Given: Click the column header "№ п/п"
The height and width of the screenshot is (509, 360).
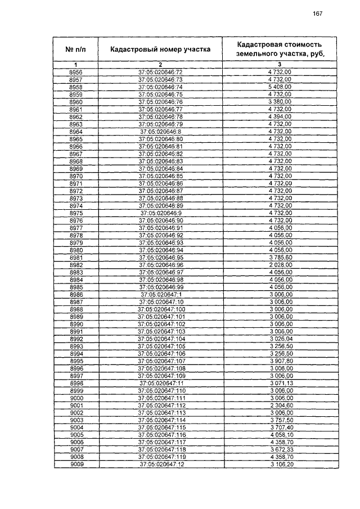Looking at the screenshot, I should pos(76,49).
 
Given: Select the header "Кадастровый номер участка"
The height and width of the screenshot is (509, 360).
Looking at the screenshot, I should pos(160,49).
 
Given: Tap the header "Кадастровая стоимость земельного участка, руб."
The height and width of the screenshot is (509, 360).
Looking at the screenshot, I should pos(280,49).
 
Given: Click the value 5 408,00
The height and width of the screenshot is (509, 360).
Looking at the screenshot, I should pos(280,87).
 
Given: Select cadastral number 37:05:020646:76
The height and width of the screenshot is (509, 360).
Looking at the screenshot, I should pos(160,102).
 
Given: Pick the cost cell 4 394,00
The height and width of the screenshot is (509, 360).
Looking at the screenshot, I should pos(280,116).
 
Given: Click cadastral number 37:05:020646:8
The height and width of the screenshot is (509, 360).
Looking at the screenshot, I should pos(160,131).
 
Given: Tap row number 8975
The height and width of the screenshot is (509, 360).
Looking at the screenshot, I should pos(76,213).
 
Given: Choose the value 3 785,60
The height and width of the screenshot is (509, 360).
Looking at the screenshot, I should pos(280,257).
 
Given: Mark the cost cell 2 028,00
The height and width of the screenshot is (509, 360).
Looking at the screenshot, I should pos(280,264).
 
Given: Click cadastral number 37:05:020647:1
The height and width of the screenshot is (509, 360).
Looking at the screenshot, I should pos(160,294).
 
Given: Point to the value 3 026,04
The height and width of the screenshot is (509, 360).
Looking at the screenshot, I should pos(280,339).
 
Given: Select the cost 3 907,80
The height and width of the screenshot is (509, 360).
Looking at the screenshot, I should pos(280,361).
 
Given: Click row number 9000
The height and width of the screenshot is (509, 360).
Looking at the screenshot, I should pos(76,398).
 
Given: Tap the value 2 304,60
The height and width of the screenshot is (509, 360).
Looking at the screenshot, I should pos(280,406).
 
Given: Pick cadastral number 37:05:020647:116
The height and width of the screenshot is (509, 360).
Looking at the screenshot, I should pos(160,435).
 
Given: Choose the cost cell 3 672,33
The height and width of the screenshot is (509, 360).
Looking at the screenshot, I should pos(280,449).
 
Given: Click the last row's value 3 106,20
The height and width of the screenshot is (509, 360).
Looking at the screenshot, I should pos(280,465).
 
